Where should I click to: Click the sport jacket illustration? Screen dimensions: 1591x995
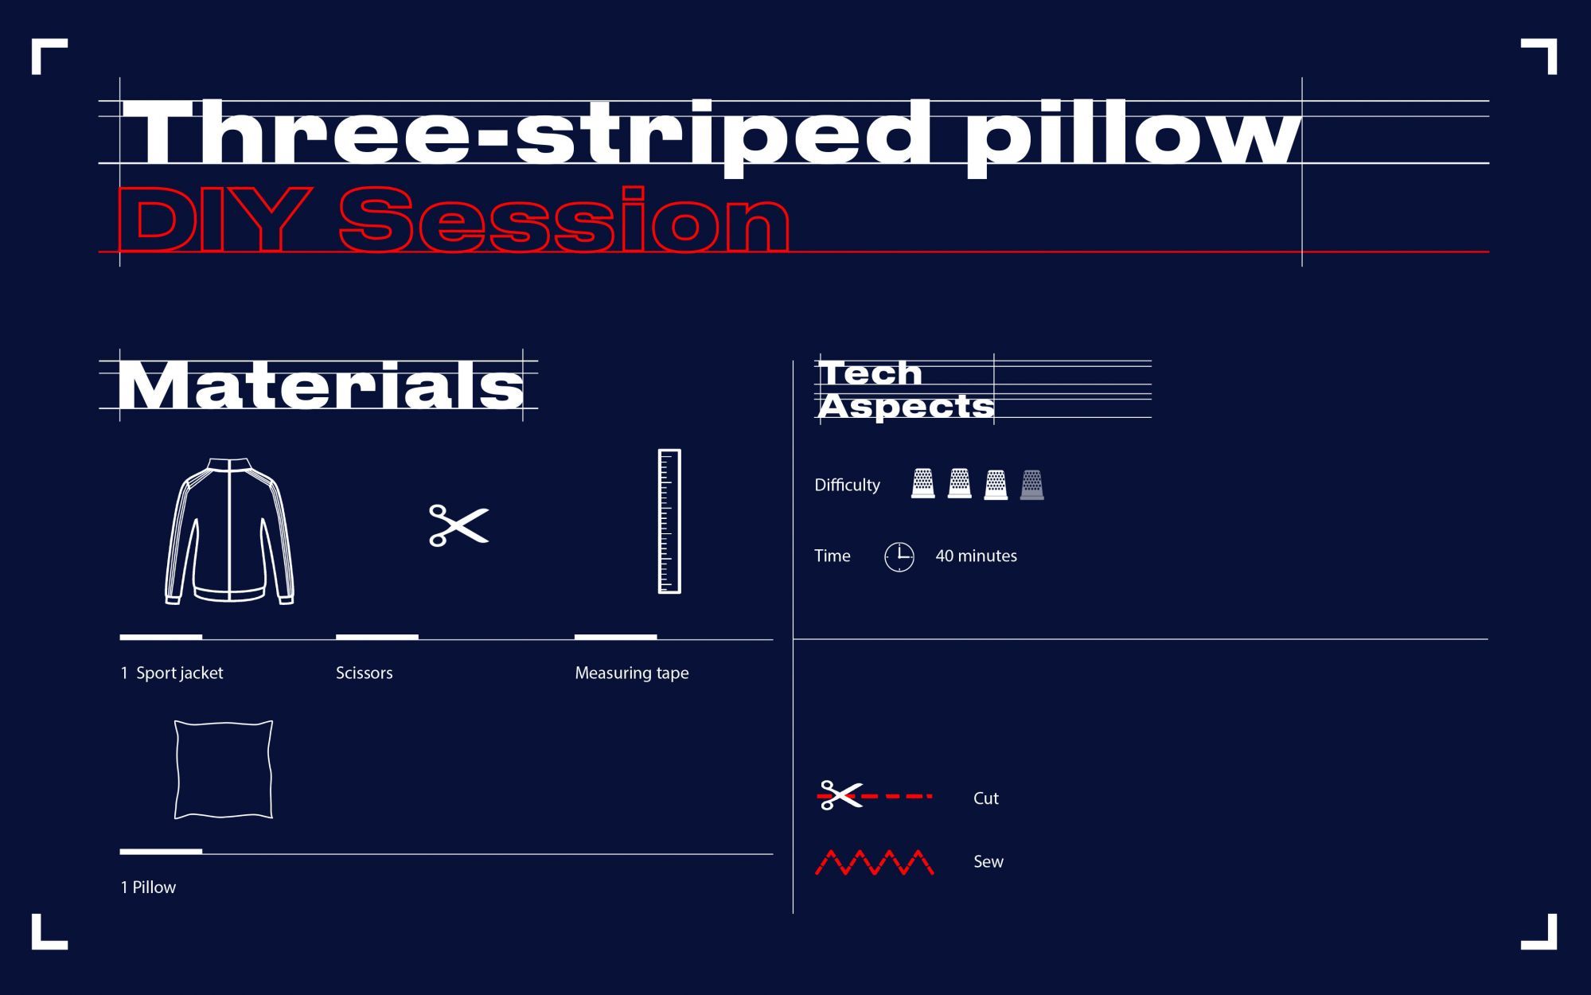[x=229, y=531]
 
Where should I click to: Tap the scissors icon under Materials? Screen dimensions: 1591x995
[x=459, y=525]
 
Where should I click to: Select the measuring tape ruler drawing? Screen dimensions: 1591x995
[x=669, y=521]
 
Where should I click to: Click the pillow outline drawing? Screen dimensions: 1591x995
[x=224, y=769]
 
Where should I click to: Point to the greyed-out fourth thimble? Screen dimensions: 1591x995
[x=1031, y=484]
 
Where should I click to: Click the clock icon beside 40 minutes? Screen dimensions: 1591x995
[x=899, y=556]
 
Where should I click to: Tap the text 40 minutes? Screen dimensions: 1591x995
[x=976, y=556]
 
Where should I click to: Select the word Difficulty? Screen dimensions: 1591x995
[x=847, y=485]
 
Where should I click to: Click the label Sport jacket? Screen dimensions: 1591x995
[x=179, y=673]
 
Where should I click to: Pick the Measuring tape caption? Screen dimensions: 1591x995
[x=632, y=673]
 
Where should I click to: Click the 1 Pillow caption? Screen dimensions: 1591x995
[x=148, y=887]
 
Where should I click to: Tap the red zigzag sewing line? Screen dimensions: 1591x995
[x=875, y=863]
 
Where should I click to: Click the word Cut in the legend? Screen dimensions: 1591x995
[x=985, y=798]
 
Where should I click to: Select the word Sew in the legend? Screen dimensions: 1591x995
[x=988, y=861]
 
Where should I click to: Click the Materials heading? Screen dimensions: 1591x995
[x=321, y=385]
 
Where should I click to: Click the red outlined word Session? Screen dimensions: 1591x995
[x=564, y=219]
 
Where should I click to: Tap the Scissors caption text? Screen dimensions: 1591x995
[x=364, y=673]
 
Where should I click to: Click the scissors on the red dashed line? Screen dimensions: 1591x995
[x=840, y=795]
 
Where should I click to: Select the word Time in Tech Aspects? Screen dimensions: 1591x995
[x=832, y=556]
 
